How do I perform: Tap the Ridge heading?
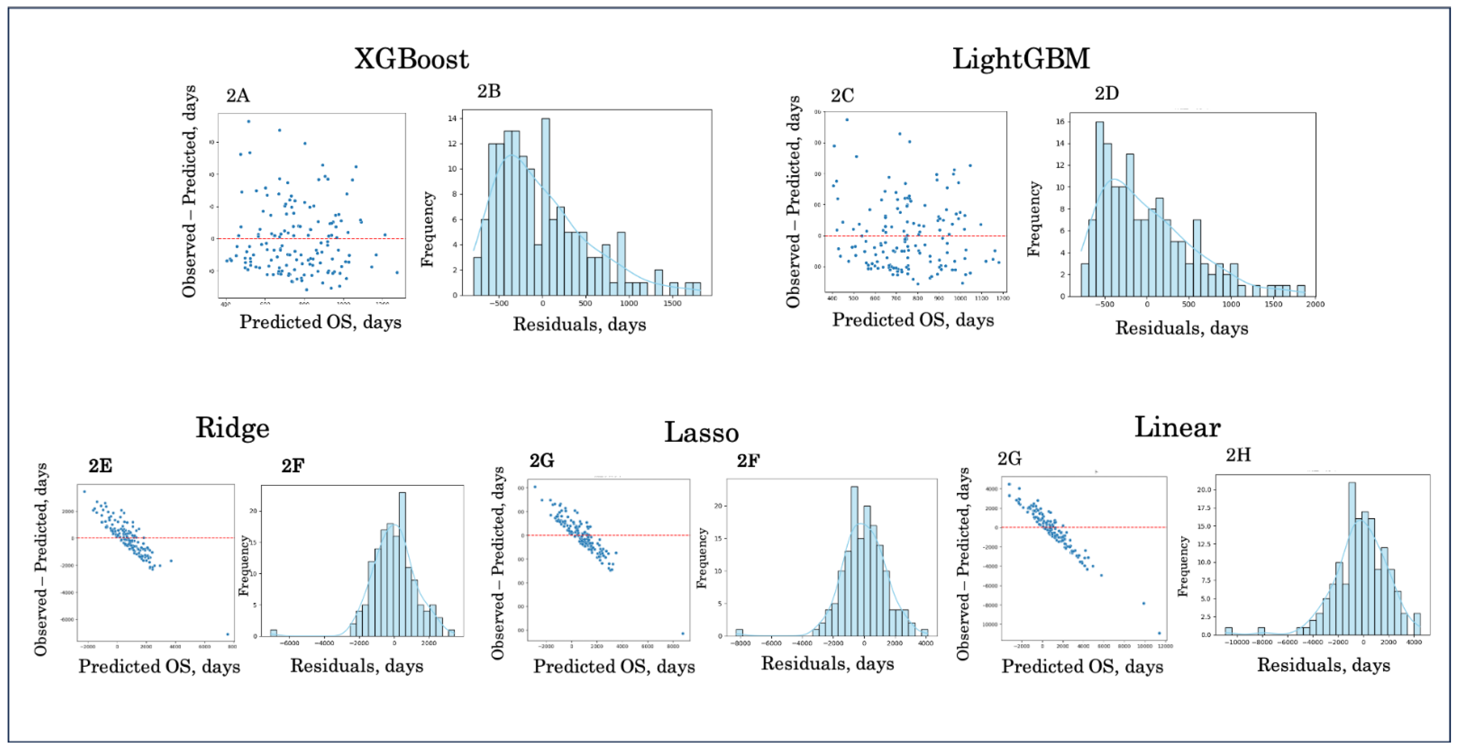pyautogui.click(x=232, y=428)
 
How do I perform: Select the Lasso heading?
pyautogui.click(x=701, y=432)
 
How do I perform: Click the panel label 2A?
pyautogui.click(x=238, y=95)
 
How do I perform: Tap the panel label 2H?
pyautogui.click(x=1238, y=455)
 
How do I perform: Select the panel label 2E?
pyautogui.click(x=100, y=465)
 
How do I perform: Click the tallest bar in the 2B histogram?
pyautogui.click(x=545, y=207)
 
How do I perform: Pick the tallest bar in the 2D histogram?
pyautogui.click(x=1099, y=208)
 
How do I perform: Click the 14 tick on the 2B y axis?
pyautogui.click(x=452, y=118)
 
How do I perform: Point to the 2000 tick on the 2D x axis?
pyautogui.click(x=1315, y=304)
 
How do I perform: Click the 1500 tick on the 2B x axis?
pyautogui.click(x=672, y=303)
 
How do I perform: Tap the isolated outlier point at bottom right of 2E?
pyautogui.click(x=228, y=634)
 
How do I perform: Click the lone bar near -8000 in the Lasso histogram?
pyautogui.click(x=739, y=632)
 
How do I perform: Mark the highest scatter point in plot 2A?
pyautogui.click(x=248, y=121)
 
